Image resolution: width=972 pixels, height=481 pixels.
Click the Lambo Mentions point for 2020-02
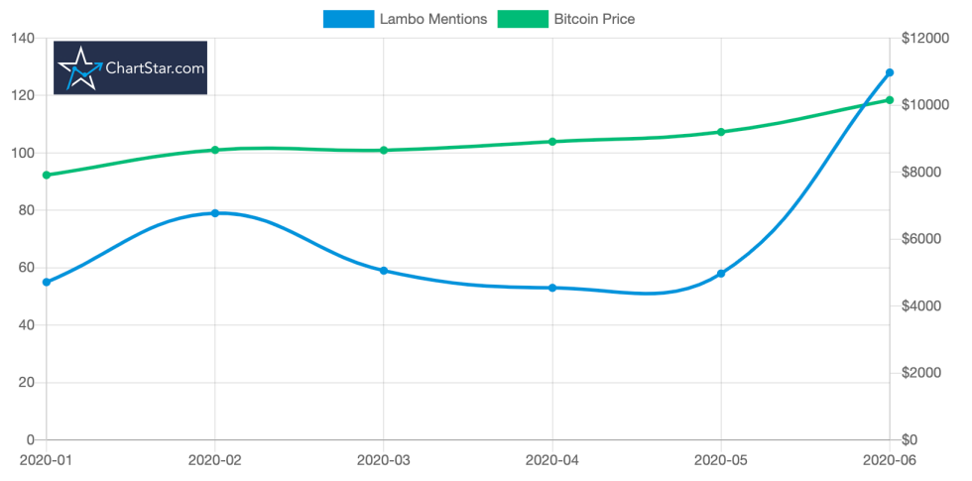[x=214, y=213]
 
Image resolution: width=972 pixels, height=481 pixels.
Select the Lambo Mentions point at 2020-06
[x=890, y=72]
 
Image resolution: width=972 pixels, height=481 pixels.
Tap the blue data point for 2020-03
[x=383, y=271]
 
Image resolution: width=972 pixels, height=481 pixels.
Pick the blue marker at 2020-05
[x=721, y=274]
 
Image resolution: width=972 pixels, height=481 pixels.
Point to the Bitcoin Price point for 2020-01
[x=46, y=176]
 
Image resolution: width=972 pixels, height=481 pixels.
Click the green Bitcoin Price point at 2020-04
[x=552, y=142]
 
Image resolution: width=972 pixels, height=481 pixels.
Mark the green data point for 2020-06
[x=890, y=100]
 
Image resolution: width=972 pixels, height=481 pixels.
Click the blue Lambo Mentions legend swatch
[x=348, y=19]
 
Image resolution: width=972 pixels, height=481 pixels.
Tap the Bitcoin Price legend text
[x=593, y=19]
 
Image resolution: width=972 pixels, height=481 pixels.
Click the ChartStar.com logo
[x=130, y=68]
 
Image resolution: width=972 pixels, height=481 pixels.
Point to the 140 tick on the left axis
[x=21, y=39]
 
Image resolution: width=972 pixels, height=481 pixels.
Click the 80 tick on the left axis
[x=25, y=210]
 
